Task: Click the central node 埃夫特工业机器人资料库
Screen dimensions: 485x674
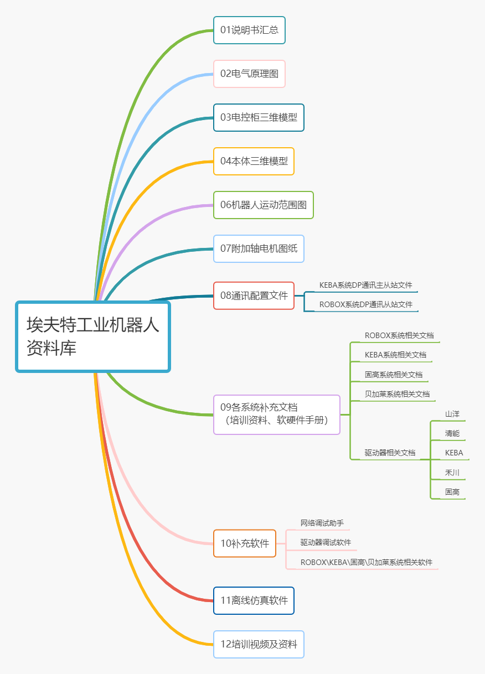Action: (x=93, y=336)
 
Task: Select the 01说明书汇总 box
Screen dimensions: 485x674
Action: (x=249, y=30)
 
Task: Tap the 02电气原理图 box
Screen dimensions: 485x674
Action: (x=249, y=74)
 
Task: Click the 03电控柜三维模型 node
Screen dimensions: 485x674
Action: (x=259, y=117)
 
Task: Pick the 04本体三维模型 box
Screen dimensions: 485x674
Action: (x=254, y=161)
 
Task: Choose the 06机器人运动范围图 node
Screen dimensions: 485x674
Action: (x=264, y=205)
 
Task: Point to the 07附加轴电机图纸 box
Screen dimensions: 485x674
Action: (x=259, y=248)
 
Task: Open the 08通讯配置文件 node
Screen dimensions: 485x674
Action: (x=254, y=295)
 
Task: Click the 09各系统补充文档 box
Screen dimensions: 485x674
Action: (x=277, y=414)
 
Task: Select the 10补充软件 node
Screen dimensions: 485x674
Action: (x=245, y=543)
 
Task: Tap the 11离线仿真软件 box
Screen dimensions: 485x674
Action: (x=254, y=600)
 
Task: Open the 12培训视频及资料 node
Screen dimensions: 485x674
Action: (x=259, y=644)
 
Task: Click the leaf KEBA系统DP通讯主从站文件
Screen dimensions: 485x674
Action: (x=365, y=285)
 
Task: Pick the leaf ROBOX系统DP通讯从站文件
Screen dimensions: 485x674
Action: (x=365, y=304)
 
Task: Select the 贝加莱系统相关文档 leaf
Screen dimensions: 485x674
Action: (x=397, y=394)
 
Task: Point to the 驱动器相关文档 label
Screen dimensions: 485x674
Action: (x=390, y=453)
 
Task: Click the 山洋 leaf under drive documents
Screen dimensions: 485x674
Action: (x=452, y=414)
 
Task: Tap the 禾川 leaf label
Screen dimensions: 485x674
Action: (x=452, y=473)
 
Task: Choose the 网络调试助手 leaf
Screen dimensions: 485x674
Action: (x=322, y=523)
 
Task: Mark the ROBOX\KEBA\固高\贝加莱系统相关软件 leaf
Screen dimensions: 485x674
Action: (x=367, y=562)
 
